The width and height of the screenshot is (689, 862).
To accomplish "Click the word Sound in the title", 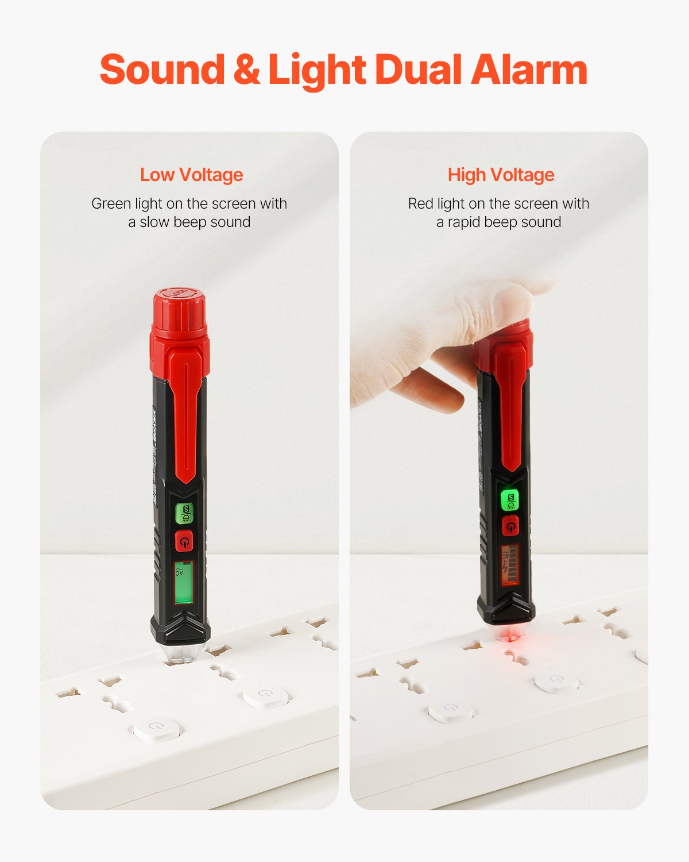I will [162, 70].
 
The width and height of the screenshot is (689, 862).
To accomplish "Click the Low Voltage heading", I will [192, 175].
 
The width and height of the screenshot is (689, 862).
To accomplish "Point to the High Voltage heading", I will [501, 175].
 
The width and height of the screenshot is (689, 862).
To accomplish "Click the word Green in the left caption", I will [111, 204].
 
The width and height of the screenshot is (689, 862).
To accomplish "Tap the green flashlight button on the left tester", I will [185, 513].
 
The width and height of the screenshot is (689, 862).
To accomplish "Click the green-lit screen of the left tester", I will [184, 582].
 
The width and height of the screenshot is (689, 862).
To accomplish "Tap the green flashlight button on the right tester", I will [510, 500].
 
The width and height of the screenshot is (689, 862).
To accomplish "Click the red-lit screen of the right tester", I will [509, 564].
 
